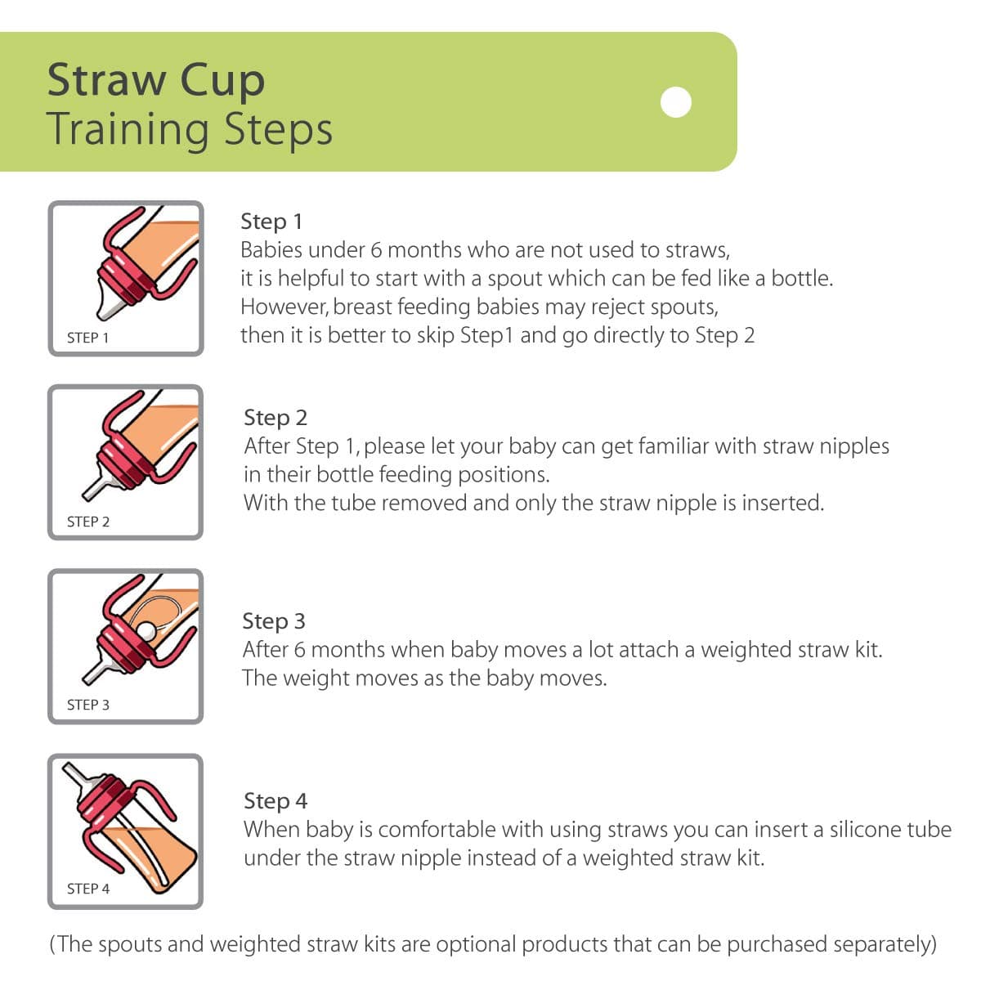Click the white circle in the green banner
click(676, 102)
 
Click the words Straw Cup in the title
click(156, 79)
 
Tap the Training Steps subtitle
click(190, 129)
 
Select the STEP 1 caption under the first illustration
click(88, 337)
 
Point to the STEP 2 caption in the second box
click(88, 521)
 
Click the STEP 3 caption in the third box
click(88, 704)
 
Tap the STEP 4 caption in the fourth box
click(88, 888)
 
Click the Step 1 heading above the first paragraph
click(271, 221)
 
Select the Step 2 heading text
click(275, 417)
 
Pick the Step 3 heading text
click(274, 620)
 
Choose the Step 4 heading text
click(275, 800)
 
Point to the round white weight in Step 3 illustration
click(146, 630)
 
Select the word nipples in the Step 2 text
click(854, 446)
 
